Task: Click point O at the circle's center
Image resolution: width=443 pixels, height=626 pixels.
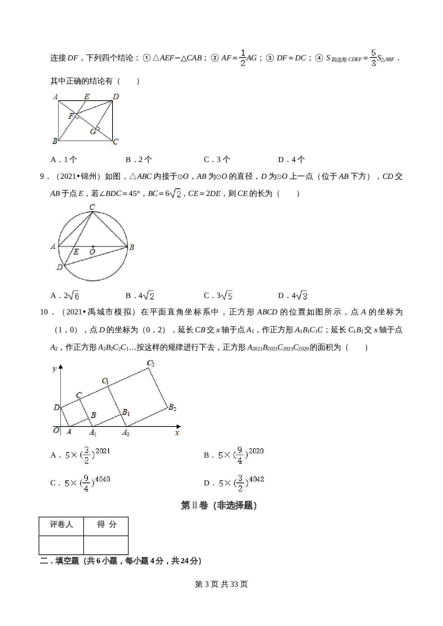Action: tap(93, 247)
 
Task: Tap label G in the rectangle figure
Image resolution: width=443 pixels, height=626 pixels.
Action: tap(93, 132)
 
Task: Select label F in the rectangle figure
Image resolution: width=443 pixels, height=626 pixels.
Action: tap(71, 116)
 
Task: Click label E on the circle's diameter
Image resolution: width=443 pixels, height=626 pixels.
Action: tap(76, 252)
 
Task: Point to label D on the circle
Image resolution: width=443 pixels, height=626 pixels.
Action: tap(60, 267)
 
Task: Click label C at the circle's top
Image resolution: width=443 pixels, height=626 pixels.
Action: tap(92, 207)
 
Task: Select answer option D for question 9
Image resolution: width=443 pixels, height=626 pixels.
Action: tap(293, 296)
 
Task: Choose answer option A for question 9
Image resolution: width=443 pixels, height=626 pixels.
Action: tap(65, 296)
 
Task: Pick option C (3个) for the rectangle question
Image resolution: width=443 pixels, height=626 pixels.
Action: tap(217, 160)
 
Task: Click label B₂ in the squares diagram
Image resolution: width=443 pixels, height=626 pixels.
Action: tap(172, 407)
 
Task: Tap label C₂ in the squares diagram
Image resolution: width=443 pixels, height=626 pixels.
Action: tap(151, 363)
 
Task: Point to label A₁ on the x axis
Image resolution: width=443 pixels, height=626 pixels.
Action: tap(93, 433)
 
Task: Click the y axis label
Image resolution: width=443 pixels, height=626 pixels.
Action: tap(54, 369)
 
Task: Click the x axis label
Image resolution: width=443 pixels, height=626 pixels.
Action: tap(177, 433)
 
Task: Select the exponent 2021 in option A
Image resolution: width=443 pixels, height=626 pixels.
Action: tap(103, 451)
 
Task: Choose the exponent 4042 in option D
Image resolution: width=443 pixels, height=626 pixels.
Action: tap(257, 479)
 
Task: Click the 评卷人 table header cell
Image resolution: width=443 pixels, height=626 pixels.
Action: tap(61, 524)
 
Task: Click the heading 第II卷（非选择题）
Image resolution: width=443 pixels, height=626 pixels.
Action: tap(219, 505)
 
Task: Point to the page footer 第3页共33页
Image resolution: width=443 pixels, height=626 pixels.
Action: tap(221, 584)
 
